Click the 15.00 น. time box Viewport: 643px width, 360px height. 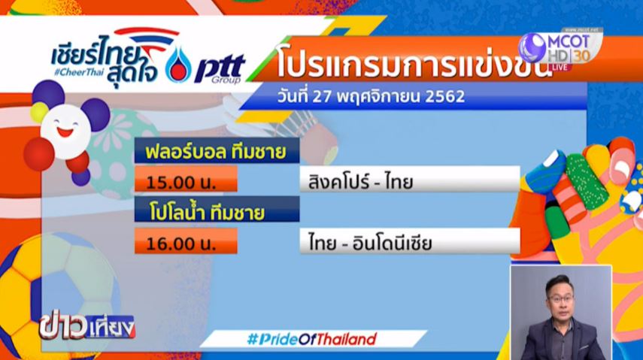(x=186, y=179)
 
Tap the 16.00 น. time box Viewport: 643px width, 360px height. (x=186, y=241)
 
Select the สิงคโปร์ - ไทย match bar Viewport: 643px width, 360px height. (x=410, y=179)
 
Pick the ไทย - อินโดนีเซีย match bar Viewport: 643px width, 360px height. (x=410, y=241)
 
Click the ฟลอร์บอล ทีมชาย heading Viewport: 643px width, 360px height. (x=217, y=151)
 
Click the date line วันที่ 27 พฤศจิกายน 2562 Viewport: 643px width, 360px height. (x=371, y=97)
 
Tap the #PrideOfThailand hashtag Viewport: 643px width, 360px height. (x=311, y=339)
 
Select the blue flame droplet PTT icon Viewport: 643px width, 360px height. (x=178, y=65)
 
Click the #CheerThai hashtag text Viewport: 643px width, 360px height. (x=79, y=72)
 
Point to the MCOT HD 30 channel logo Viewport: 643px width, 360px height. (x=560, y=49)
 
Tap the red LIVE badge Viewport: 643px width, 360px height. (x=560, y=67)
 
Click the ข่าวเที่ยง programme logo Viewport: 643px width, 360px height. (x=87, y=327)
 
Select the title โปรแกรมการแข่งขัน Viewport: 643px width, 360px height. (x=412, y=65)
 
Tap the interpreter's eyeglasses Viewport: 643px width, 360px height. (x=560, y=298)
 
